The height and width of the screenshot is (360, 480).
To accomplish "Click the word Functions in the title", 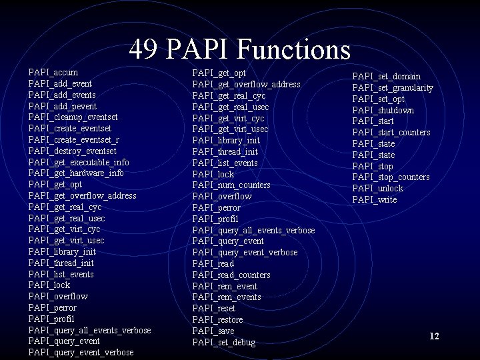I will tap(293, 49).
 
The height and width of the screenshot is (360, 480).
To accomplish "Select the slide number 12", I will tap(434, 337).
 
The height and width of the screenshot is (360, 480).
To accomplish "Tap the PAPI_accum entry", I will tap(53, 72).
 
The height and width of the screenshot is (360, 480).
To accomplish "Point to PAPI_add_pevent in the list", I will tap(62, 106).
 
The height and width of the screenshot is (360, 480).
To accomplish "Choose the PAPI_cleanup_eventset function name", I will tap(73, 117).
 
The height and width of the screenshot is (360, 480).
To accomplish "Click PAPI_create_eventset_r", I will tap(74, 139).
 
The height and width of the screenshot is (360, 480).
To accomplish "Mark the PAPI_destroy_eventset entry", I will tap(72, 151).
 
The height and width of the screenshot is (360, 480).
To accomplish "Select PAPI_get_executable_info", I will tap(79, 162).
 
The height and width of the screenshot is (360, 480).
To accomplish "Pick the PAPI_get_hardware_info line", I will tap(76, 173).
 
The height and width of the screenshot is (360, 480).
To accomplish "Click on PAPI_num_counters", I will tap(231, 185).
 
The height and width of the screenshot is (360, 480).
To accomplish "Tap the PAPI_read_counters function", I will tap(231, 275).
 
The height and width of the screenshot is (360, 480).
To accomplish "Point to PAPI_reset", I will tap(213, 309).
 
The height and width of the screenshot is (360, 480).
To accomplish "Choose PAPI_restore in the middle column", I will tap(217, 320).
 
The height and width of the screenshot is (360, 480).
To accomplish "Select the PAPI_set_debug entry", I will tap(223, 343).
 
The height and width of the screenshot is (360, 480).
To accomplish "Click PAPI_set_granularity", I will tap(393, 87).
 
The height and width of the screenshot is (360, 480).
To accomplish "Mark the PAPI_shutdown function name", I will tap(383, 110).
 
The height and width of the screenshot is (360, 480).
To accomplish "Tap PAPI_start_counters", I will tap(391, 132).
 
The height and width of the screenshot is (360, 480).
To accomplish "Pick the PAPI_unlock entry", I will tap(377, 188).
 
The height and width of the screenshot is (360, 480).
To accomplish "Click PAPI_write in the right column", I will tap(374, 199).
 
